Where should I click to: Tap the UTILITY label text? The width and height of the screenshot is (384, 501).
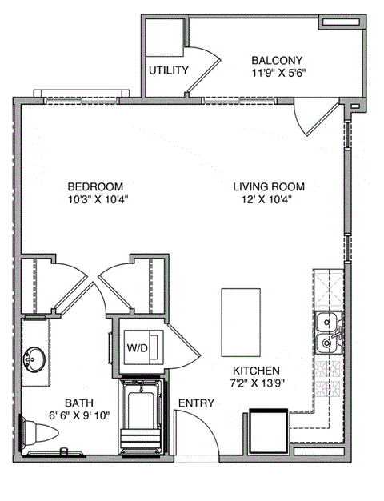point(168,70)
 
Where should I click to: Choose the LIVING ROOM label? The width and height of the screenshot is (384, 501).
point(268,186)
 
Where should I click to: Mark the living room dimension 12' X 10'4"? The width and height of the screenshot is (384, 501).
point(268,199)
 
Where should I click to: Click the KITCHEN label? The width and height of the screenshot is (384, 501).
point(256,371)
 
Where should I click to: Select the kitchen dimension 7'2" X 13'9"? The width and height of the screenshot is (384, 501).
point(256,383)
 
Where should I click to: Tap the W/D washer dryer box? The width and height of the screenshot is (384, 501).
point(138,347)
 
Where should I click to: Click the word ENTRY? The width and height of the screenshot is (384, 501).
point(195,403)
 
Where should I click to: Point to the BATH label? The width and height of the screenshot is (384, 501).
point(65,403)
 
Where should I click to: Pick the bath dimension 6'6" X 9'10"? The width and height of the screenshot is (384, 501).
point(65,415)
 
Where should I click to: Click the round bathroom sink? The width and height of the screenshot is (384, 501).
point(34,362)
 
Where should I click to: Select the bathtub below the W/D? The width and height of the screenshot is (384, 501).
point(142,419)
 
